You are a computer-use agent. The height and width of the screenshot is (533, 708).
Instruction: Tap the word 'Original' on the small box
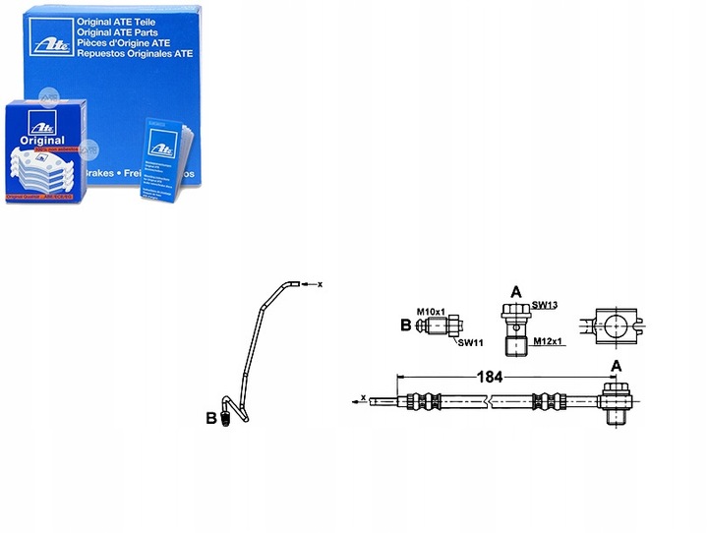(40, 142)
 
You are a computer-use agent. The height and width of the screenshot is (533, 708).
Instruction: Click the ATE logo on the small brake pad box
(39, 124)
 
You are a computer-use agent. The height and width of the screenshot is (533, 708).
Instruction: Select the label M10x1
(431, 312)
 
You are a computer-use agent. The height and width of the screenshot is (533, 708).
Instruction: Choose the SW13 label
(545, 306)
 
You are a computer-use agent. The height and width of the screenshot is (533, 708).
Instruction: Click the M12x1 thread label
(549, 341)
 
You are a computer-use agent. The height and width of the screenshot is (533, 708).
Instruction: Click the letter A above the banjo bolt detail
(515, 292)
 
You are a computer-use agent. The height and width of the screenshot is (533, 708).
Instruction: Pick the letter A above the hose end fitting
(617, 366)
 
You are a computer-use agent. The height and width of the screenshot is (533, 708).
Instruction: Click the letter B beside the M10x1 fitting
(404, 325)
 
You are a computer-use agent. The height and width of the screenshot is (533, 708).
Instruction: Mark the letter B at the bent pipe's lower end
(210, 417)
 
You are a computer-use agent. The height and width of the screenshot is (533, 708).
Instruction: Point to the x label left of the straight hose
(364, 398)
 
